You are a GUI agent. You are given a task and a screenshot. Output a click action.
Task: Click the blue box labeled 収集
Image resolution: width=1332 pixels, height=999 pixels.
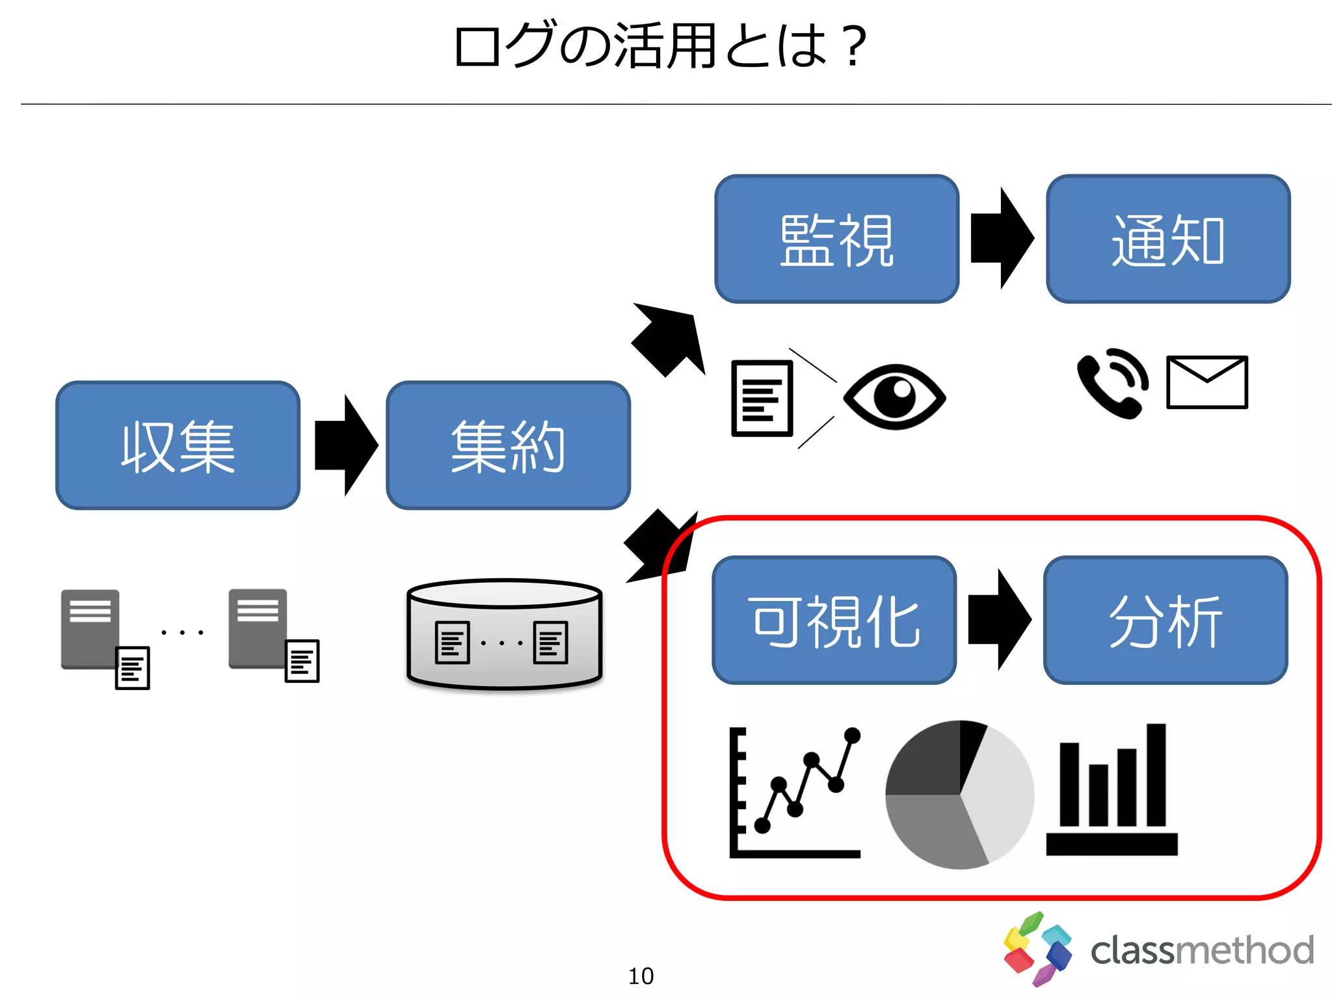[178, 446]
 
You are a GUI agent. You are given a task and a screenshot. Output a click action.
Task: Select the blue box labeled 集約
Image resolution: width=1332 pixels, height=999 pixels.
[508, 446]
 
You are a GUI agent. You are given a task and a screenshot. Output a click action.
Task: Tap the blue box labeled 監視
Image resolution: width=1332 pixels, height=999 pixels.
[837, 239]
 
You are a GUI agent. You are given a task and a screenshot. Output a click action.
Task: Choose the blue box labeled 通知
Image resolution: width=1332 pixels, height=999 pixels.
[1168, 239]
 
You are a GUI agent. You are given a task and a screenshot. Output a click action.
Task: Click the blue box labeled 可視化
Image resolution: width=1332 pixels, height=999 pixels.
[834, 620]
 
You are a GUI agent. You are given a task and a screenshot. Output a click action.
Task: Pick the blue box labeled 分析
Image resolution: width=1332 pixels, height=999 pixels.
[1165, 620]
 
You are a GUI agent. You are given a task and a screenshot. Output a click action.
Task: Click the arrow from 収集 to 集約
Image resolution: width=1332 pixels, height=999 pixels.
[345, 446]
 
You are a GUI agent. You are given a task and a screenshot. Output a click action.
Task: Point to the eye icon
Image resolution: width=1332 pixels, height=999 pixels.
[895, 396]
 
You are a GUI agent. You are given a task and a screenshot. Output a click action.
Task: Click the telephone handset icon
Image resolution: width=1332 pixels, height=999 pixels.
[1111, 384]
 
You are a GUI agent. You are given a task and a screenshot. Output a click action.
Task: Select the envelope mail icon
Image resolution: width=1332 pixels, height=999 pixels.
[1207, 382]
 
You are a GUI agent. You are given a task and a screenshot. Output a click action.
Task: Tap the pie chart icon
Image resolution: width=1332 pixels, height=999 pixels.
[960, 794]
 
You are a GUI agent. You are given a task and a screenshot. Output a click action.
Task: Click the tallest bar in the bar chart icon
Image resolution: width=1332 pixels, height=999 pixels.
[1156, 774]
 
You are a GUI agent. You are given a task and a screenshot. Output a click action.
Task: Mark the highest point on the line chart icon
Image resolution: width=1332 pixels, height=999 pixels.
[852, 736]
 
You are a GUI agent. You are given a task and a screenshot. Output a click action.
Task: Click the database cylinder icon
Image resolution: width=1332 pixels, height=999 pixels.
[504, 634]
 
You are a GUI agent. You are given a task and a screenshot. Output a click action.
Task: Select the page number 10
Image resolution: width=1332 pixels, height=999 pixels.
[641, 976]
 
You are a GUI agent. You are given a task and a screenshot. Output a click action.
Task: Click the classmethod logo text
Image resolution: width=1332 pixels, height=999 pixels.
[1202, 950]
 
